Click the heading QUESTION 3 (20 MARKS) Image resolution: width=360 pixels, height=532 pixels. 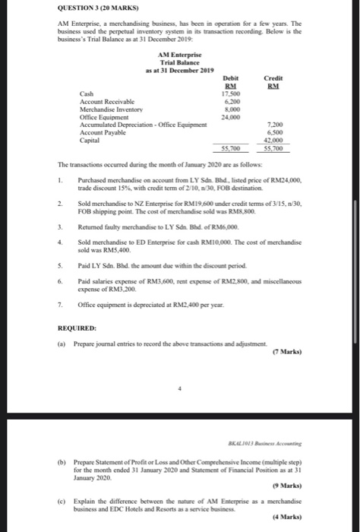click(x=96, y=9)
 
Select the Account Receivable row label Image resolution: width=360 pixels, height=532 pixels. click(x=107, y=100)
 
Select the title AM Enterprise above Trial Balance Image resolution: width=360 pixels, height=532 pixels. click(x=179, y=55)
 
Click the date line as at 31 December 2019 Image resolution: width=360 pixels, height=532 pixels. click(x=179, y=69)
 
